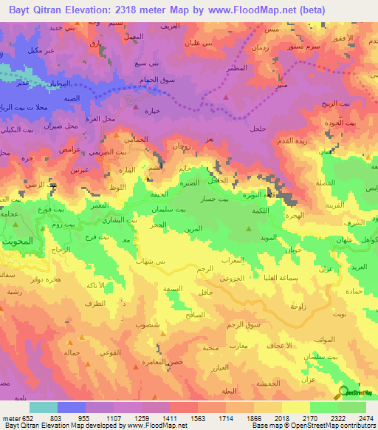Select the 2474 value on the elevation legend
(x=364, y=418)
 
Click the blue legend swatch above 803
(x=72, y=407)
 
